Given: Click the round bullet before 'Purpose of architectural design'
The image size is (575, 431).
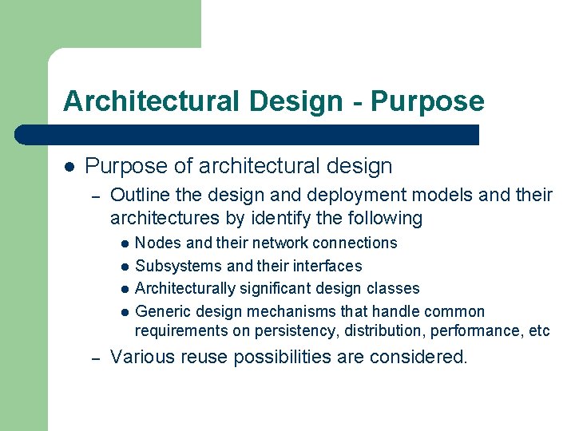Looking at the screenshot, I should point(69,167).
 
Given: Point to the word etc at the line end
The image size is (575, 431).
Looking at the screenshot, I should point(539,330).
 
